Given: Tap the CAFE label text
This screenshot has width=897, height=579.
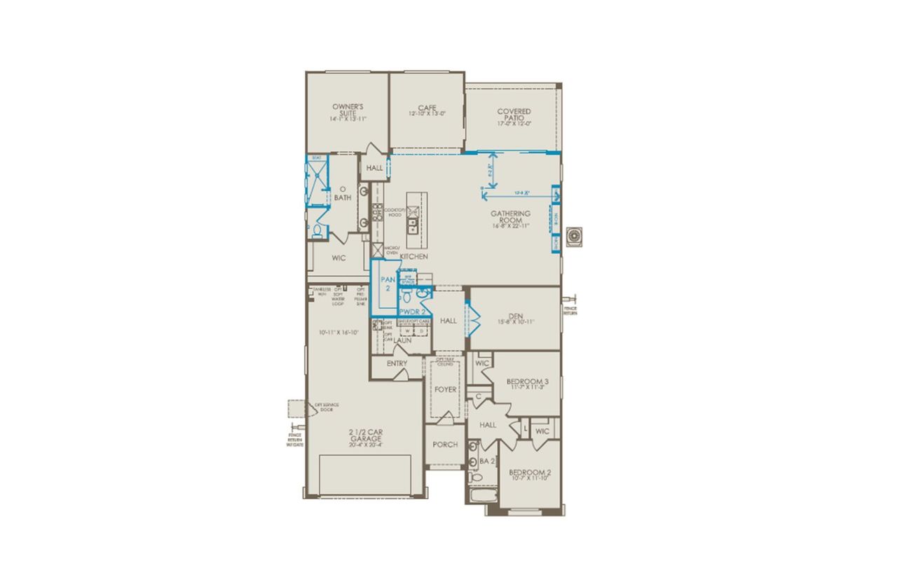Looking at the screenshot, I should [427, 111].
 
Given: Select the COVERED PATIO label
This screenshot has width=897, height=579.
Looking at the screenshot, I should [514, 116].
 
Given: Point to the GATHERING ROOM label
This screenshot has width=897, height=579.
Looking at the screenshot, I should [510, 217].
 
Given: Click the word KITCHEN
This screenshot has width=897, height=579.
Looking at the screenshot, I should [413, 257].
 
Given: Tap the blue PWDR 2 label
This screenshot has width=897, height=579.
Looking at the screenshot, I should [413, 311].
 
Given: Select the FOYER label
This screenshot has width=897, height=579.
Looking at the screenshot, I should [446, 389].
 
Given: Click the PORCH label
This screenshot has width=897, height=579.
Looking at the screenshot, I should [445, 445].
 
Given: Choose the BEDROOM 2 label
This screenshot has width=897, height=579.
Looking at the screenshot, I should [530, 475].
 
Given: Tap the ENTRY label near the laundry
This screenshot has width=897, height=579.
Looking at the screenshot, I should [397, 364].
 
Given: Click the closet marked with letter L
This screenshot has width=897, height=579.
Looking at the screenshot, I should [525, 428].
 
